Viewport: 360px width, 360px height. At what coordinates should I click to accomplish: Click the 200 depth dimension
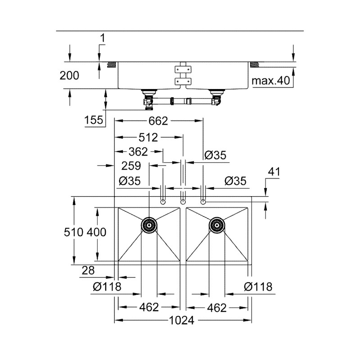pos(69,75)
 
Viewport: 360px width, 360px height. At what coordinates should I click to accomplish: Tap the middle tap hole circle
pos(183,201)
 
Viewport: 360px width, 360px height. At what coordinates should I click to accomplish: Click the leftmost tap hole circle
pos(163,201)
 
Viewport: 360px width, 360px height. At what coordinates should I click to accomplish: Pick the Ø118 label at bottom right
pos(258,287)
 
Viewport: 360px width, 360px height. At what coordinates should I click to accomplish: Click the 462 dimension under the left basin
pos(149,307)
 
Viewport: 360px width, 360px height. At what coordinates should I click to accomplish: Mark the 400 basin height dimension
pos(97,233)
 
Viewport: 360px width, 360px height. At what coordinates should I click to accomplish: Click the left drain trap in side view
pos(148,100)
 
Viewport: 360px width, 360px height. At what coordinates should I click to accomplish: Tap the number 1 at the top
pos(102,39)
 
